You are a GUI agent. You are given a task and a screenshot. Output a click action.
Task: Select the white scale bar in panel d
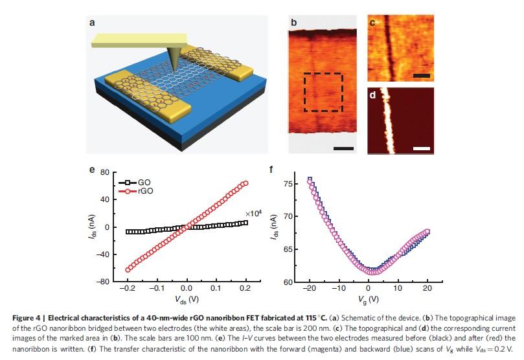tap(422, 148)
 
